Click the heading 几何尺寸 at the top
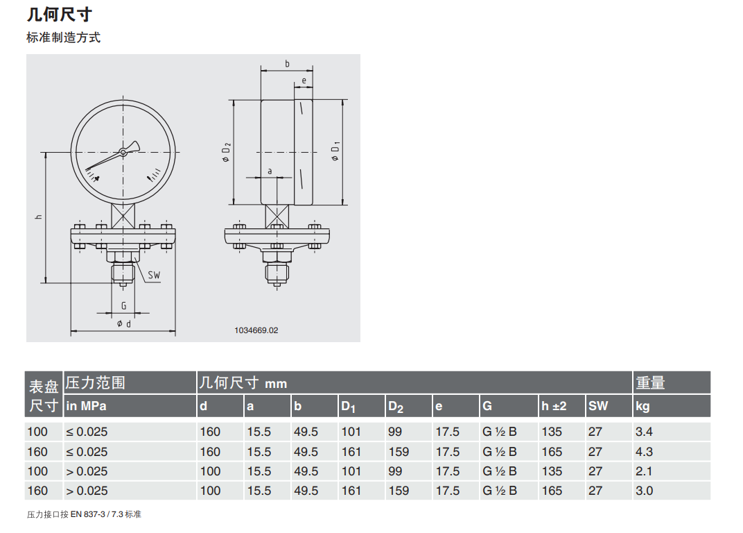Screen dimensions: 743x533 coord(59,15)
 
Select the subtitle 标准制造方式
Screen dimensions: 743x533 coord(64,37)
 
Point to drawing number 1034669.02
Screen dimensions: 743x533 coord(256,330)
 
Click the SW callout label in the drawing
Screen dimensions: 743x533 coord(154,276)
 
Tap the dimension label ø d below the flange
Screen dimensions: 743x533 coord(124,323)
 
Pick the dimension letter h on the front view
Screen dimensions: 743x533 coord(39,217)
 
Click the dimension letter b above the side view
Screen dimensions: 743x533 coord(287,64)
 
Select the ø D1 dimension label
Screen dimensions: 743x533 coord(335,151)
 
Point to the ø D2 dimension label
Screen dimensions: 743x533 coord(226,152)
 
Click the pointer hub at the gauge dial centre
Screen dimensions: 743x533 coord(123,153)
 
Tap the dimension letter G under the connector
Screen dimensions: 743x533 coord(123,305)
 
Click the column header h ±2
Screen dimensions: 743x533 coord(554,406)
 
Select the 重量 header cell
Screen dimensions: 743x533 coord(650,382)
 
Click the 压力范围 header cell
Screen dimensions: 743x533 coord(95,382)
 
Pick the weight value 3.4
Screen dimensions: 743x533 coord(644,432)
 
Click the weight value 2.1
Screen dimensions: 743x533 coord(644,471)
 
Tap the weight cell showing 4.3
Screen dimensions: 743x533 coord(644,452)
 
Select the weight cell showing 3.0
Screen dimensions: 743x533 coord(644,491)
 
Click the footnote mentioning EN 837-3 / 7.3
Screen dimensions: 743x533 coord(84,514)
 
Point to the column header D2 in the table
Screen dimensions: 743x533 coord(396,407)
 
